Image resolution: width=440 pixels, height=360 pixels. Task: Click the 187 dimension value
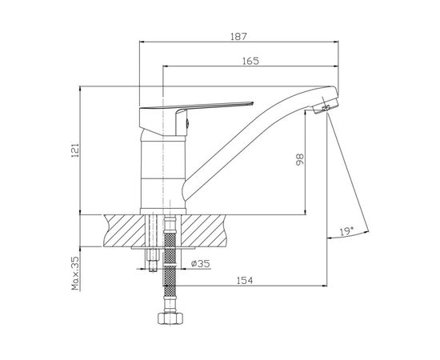tap(238, 37)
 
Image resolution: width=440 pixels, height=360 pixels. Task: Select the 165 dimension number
tap(251, 61)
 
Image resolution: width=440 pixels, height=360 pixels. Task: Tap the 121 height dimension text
tap(75, 150)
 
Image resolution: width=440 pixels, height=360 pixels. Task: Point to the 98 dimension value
tap(300, 159)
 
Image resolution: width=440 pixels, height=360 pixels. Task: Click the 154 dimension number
tap(245, 280)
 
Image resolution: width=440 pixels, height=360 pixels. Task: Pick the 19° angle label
tap(347, 231)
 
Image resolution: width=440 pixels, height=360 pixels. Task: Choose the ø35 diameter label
tap(200, 263)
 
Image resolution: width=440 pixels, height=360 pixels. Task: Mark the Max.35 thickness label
tap(75, 273)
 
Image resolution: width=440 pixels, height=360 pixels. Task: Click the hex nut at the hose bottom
tap(170, 318)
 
